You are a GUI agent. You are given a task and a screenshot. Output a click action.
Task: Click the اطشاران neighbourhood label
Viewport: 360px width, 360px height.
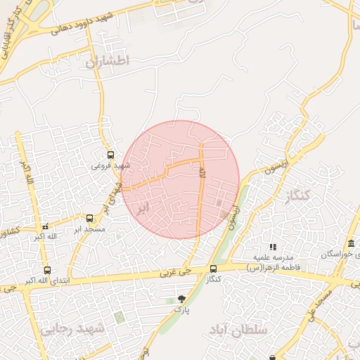(108, 62)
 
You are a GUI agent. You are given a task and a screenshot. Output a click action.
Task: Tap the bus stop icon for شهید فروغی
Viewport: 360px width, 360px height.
(110, 155)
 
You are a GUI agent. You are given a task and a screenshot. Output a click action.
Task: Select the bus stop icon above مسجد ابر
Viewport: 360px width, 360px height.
(89, 218)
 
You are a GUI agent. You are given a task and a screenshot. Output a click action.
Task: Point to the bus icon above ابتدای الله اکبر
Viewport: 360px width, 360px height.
(47, 270)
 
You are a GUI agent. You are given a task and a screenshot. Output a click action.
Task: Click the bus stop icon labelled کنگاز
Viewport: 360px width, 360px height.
(213, 269)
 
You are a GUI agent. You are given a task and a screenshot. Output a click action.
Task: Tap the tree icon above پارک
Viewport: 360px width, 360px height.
(182, 299)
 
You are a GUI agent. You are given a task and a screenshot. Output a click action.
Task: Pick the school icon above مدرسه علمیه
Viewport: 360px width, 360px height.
(273, 247)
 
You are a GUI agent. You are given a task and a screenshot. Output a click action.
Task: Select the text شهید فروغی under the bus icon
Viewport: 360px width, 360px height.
(110, 166)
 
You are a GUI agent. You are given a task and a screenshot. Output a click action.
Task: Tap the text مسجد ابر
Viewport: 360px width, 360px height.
(89, 229)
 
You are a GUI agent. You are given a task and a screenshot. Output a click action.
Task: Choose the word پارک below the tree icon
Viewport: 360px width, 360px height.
(182, 309)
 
